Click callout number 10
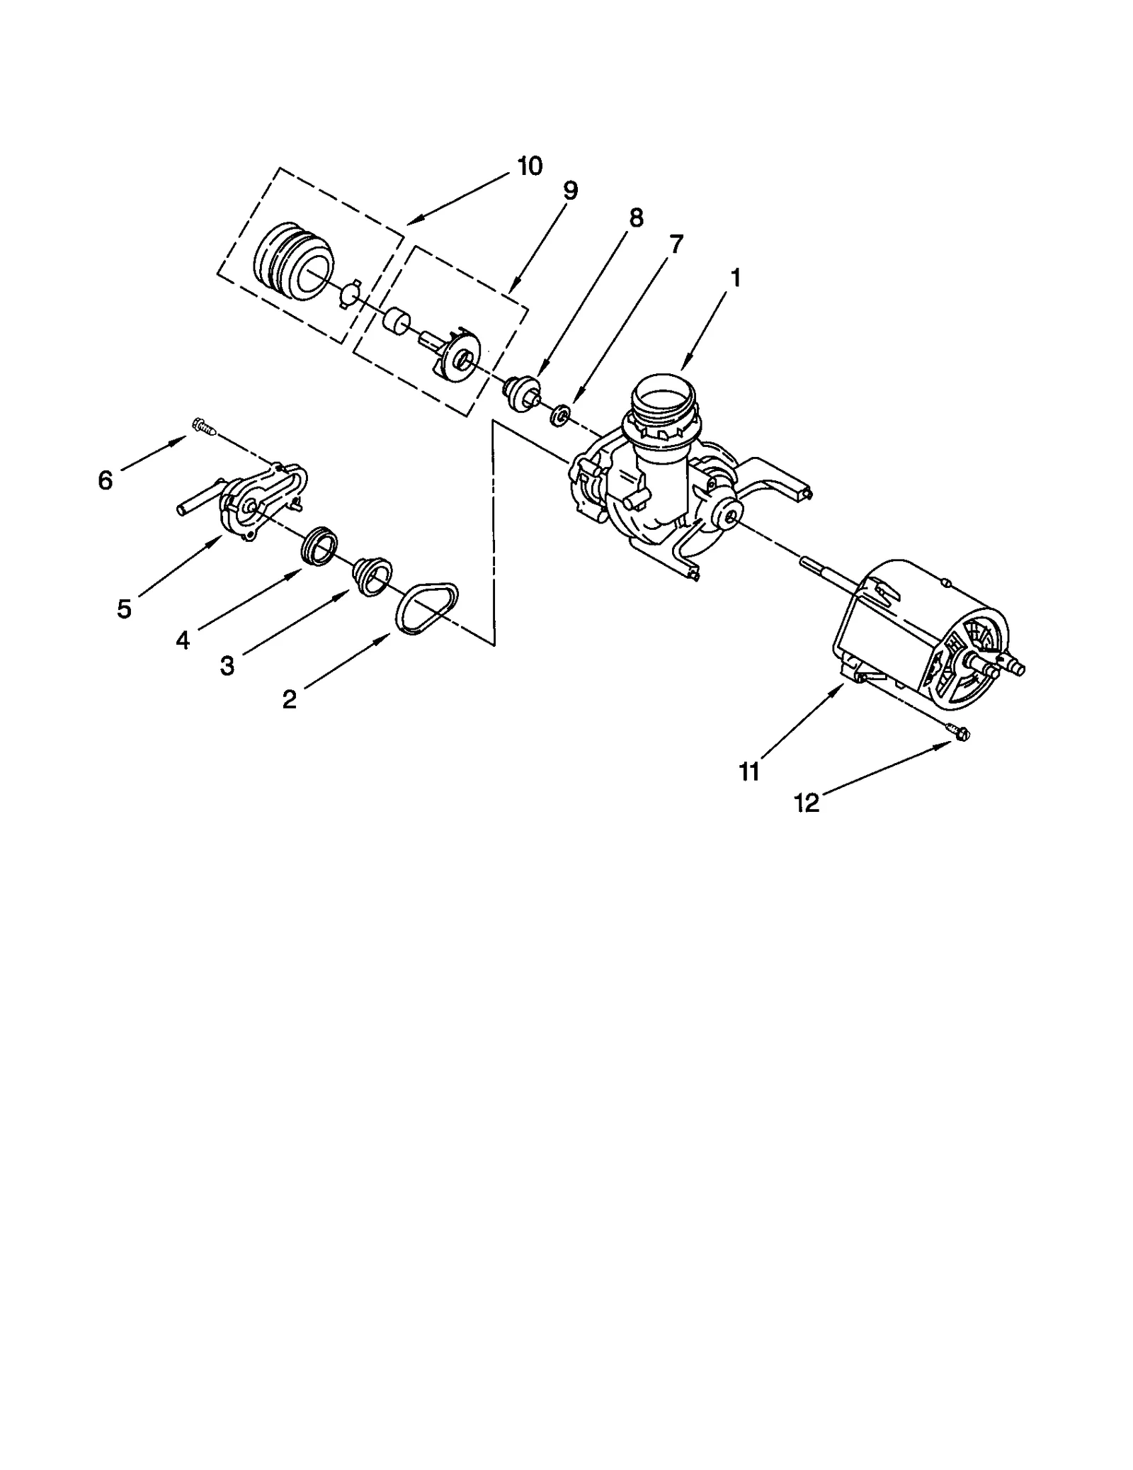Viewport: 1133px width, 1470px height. coord(530,166)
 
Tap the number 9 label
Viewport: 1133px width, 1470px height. coord(570,191)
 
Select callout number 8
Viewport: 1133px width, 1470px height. coord(636,218)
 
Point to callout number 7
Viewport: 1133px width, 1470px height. coord(676,244)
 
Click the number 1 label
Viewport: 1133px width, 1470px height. coord(736,278)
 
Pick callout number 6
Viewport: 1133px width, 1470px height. coord(105,481)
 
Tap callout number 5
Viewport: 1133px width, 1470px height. coord(125,609)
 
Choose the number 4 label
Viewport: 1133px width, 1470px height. coord(183,640)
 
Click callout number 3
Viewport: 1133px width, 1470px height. coord(227,666)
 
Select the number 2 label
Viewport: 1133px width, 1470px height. coord(289,700)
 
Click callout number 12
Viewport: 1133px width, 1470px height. coord(807,803)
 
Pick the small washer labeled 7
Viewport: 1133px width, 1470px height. coord(560,414)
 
